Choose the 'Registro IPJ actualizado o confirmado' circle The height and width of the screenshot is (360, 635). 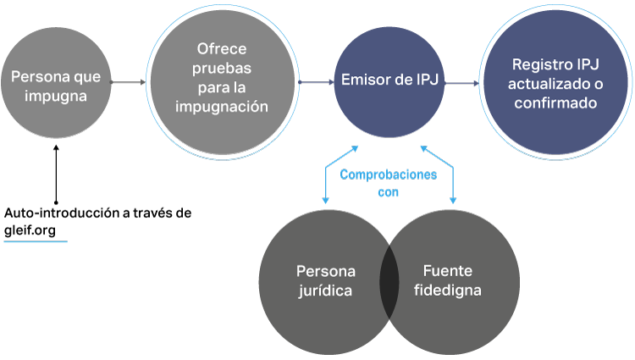555,83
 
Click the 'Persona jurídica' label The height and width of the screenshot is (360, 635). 325,281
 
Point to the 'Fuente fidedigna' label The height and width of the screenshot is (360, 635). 451,281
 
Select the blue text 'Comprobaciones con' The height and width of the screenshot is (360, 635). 388,183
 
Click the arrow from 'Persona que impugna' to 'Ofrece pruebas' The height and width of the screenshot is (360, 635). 128,82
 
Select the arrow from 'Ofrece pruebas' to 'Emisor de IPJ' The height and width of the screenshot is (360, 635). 316,82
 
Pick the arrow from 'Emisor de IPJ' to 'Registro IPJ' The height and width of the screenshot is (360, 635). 461,83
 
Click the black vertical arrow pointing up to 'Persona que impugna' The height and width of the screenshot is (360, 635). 56,174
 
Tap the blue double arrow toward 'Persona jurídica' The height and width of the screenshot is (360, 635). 339,174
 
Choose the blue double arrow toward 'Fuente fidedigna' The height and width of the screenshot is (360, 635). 439,174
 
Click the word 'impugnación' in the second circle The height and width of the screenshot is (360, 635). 222,107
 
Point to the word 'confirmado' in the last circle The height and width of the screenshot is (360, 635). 555,103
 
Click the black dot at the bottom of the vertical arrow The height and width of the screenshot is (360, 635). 56,203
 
